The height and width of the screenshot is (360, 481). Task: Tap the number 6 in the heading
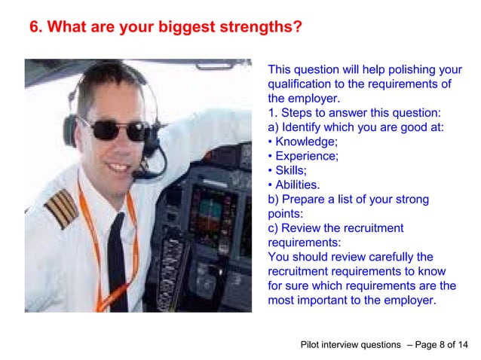(34, 29)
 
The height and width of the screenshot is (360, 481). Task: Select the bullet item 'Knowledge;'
(306, 141)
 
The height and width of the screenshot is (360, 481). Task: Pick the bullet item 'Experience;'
(306, 156)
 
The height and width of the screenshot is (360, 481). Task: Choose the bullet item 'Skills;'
(290, 170)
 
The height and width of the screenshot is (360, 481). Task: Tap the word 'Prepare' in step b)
(303, 200)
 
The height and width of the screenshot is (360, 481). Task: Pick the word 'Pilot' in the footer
(311, 345)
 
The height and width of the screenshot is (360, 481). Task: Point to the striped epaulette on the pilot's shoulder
(60, 207)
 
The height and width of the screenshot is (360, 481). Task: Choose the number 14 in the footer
(462, 345)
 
